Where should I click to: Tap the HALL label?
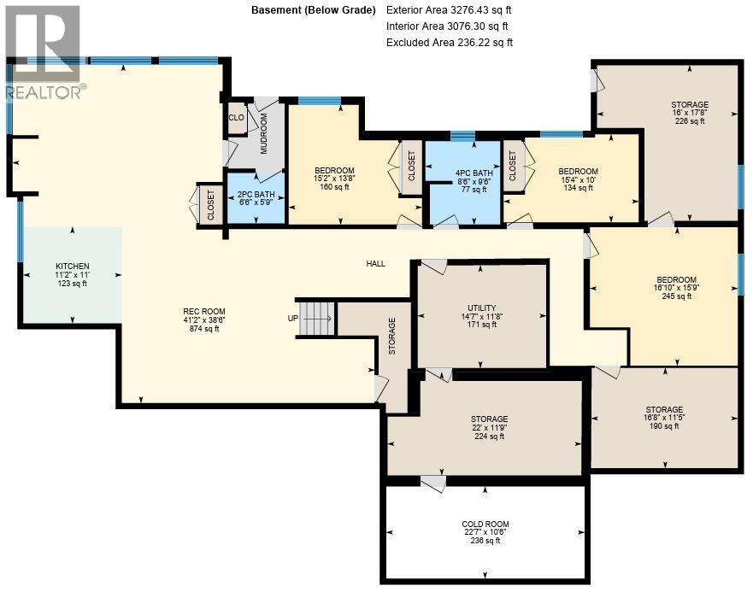click(x=375, y=264)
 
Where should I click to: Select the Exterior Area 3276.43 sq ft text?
click(x=449, y=10)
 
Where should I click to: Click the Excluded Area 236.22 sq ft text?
click(x=449, y=42)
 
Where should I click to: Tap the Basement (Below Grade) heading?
click(x=313, y=10)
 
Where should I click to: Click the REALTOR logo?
click(x=42, y=51)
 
